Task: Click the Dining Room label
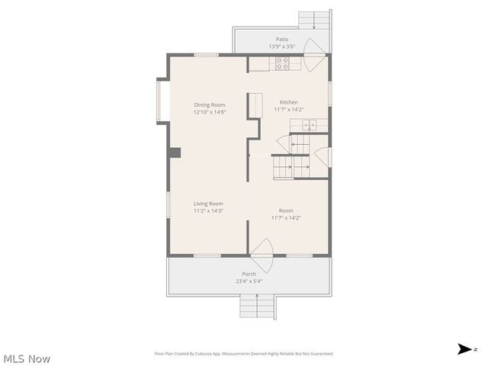(x=209, y=105)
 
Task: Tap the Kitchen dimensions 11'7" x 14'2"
(x=288, y=110)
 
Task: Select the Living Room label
(x=208, y=204)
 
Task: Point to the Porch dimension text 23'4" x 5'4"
(x=249, y=281)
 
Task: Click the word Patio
(x=282, y=39)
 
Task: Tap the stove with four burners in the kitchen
(x=283, y=63)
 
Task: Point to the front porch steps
(x=258, y=307)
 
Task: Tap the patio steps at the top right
(x=313, y=20)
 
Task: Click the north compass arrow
(x=464, y=349)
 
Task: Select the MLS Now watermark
(x=27, y=358)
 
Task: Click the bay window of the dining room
(x=160, y=101)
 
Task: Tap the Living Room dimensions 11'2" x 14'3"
(x=208, y=211)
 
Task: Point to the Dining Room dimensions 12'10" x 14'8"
(x=209, y=113)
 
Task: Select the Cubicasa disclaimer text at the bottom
(x=244, y=354)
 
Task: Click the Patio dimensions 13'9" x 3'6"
(x=282, y=47)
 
